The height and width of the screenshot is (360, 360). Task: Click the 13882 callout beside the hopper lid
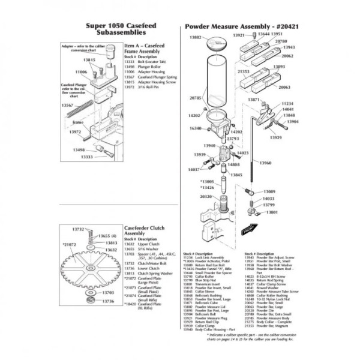(194, 38)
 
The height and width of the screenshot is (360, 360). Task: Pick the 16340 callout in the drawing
(196, 128)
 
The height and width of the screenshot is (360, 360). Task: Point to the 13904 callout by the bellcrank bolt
(292, 122)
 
